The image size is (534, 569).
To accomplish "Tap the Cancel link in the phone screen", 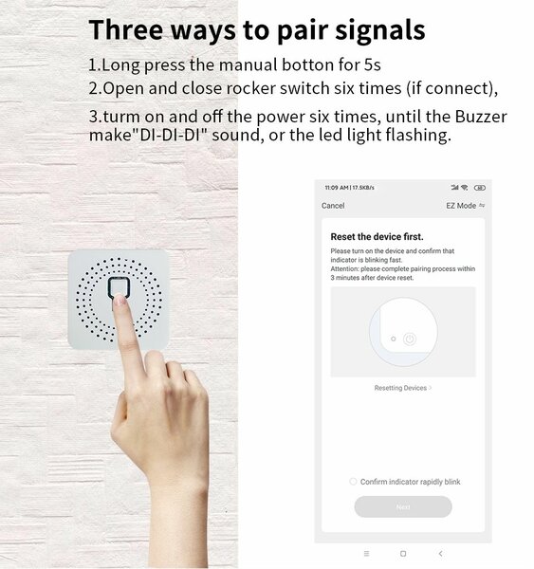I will [333, 206].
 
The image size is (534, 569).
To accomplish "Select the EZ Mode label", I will [460, 206].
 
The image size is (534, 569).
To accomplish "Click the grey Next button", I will [403, 506].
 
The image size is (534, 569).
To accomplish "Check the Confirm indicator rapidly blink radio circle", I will [353, 482].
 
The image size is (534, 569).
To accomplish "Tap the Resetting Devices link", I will [400, 388].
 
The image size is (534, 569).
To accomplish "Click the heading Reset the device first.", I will [377, 236].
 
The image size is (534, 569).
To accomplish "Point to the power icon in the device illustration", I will [409, 338].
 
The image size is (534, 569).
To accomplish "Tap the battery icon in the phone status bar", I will [480, 188].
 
